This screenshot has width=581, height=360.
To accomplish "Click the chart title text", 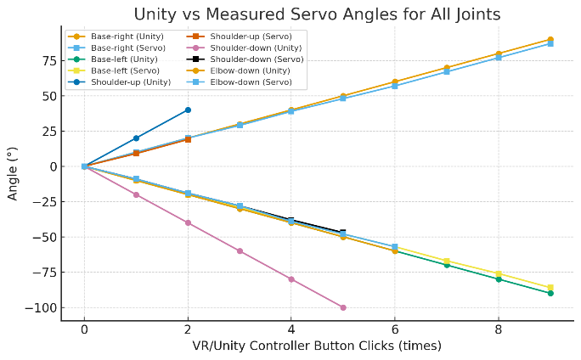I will click(x=316, y=14).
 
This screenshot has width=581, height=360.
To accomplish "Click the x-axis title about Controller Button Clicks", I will click(x=316, y=346).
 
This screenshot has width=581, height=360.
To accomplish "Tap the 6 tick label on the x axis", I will click(x=395, y=330).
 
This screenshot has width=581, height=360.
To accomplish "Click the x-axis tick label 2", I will click(x=188, y=330).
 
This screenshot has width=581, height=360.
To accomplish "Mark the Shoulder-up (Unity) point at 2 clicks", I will click(x=188, y=110).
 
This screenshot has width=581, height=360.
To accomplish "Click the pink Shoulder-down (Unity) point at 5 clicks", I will click(x=343, y=307).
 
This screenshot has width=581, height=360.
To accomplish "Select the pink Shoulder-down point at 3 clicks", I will click(x=240, y=250).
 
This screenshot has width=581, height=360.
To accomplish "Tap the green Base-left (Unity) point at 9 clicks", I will click(x=550, y=293).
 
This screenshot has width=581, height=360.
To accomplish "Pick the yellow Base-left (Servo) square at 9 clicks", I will click(x=550, y=287).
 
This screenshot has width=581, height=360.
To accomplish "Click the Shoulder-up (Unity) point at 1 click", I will click(x=136, y=138).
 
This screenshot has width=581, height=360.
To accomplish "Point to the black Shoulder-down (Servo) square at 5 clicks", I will click(x=343, y=232).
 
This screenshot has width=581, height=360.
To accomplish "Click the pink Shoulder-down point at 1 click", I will click(x=136, y=194).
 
